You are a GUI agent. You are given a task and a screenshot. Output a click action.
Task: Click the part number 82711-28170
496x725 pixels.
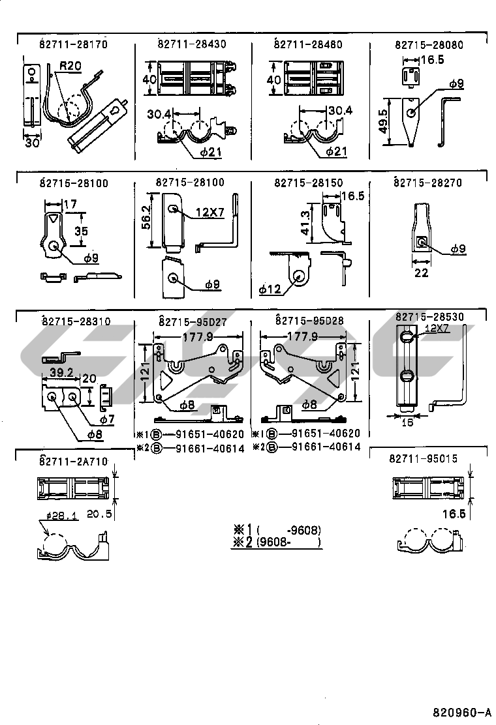coord(72,45)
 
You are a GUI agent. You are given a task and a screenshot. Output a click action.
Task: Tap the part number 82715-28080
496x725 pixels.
coord(429,45)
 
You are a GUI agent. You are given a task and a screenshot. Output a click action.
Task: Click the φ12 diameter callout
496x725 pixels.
coord(269,288)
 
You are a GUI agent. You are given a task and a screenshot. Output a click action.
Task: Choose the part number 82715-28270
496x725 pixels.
coord(427,183)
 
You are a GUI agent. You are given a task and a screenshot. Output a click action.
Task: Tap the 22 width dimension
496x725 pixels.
coord(422,273)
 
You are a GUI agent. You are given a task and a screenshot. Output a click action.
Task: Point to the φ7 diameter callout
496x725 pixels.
coord(106,419)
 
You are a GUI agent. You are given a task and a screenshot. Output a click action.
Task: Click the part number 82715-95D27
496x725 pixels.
coord(192,321)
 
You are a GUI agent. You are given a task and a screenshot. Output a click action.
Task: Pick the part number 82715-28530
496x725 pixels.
coord(429,317)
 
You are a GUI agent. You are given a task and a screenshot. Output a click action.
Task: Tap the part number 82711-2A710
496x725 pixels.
coord(72,462)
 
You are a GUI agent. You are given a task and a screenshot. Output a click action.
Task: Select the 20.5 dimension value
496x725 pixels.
coord(100,514)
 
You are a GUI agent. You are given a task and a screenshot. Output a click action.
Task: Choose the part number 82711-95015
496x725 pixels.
coord(423,459)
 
